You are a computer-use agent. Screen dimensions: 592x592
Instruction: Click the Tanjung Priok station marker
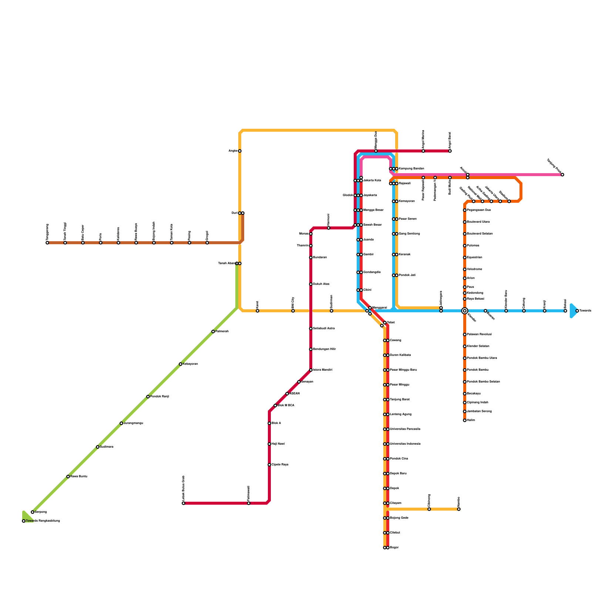coord(562,175)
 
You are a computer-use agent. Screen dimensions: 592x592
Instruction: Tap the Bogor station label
coord(394,548)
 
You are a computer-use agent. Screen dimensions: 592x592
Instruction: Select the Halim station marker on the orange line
coord(465,420)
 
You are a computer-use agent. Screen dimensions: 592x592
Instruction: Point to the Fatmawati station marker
coord(249,503)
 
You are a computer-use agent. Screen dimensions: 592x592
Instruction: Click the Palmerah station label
coord(222,332)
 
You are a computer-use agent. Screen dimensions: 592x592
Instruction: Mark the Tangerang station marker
coord(47,243)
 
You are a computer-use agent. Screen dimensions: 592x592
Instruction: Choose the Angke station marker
coord(240,151)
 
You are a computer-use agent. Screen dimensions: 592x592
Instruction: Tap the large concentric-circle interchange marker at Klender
coord(465,311)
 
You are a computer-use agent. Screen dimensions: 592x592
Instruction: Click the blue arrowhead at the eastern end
coord(574,311)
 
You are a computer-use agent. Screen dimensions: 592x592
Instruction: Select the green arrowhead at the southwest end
coord(26,516)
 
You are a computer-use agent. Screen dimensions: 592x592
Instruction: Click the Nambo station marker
coord(459,509)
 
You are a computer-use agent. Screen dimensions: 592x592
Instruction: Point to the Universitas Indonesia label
coord(405,444)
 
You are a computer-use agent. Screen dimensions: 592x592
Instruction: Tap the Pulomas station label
coord(473,246)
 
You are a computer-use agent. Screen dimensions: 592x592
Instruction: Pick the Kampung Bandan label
coord(411,169)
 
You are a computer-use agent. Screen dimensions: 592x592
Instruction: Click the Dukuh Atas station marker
coord(311,284)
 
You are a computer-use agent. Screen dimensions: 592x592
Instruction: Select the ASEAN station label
coord(295,394)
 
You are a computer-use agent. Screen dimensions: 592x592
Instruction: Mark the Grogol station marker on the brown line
coord(207,243)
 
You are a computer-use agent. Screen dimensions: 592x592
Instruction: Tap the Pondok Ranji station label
coord(160,397)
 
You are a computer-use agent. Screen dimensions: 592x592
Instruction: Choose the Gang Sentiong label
coord(409,234)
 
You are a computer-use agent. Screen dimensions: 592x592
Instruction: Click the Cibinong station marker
coord(429,509)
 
